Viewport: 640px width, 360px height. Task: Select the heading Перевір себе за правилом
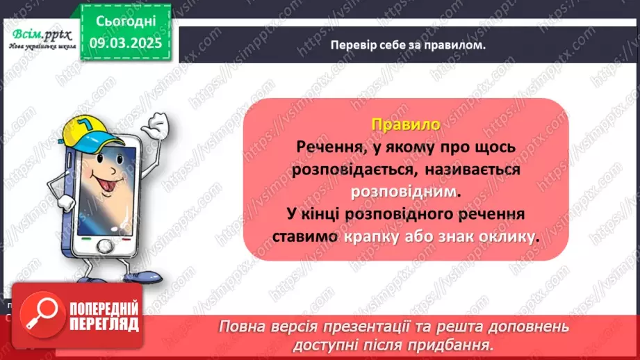tap(408, 44)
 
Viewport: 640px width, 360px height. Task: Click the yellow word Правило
tap(406, 124)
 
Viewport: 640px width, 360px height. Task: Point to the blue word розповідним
tap(406, 190)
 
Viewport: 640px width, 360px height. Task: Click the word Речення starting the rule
tap(325, 147)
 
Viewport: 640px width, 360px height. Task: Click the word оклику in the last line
tap(511, 236)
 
